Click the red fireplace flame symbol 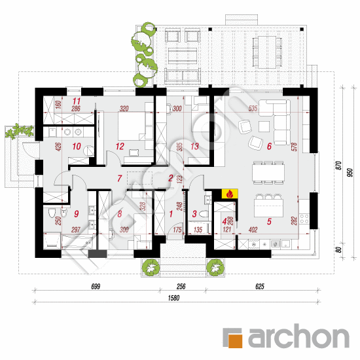click(x=230, y=194)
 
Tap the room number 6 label click(x=269, y=146)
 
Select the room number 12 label click(x=119, y=146)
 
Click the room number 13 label click(x=194, y=146)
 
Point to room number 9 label click(x=76, y=213)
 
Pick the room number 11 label click(x=76, y=101)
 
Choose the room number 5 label click(x=269, y=222)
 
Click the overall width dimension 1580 click(x=173, y=298)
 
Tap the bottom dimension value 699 click(x=96, y=286)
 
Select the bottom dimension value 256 click(x=181, y=286)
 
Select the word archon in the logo click(x=298, y=337)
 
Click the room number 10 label click(x=76, y=146)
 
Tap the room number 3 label click(x=194, y=213)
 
